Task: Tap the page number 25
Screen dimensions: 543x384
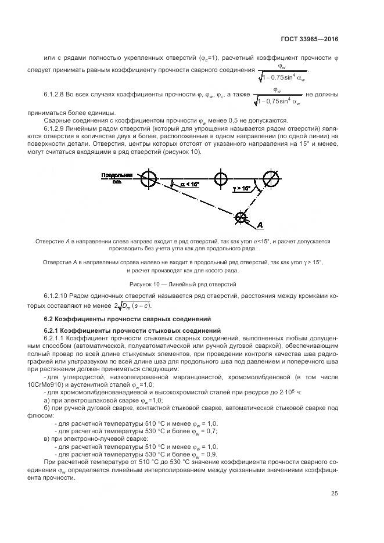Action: tap(335, 494)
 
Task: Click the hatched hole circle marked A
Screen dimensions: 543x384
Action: tap(240, 218)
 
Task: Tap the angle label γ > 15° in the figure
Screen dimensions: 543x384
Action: tap(242, 188)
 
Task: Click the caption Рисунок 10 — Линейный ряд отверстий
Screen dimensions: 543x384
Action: tap(192, 285)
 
